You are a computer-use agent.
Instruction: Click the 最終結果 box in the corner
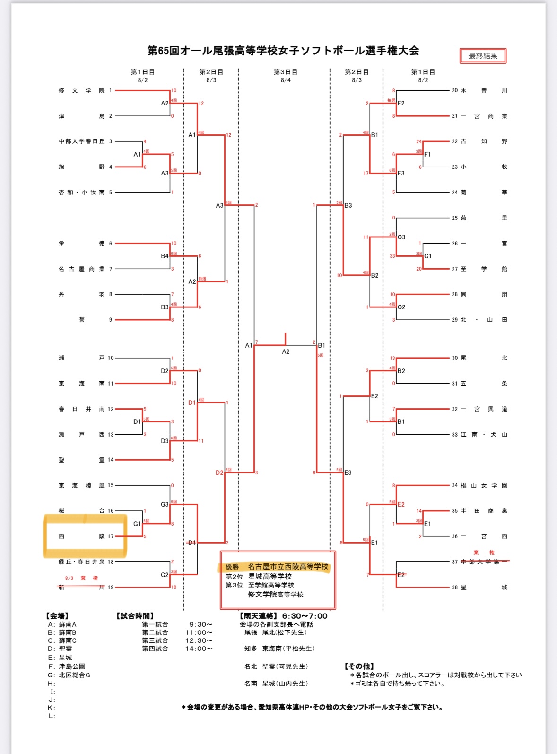click(483, 56)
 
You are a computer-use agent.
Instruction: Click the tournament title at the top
click(283, 51)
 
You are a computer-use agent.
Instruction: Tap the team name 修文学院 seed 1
click(82, 90)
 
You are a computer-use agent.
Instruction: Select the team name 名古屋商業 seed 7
click(82, 269)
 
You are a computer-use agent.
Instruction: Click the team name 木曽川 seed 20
click(484, 90)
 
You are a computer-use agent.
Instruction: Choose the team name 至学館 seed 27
click(484, 269)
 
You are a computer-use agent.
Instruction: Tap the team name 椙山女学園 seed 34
click(484, 485)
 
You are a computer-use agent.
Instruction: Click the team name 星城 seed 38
click(484, 587)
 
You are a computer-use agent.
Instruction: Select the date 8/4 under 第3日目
click(286, 80)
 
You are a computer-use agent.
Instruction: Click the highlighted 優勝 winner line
click(277, 567)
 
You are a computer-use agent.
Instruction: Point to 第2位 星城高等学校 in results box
click(259, 577)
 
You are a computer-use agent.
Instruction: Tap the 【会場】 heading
click(57, 616)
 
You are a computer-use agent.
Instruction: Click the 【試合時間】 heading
click(135, 616)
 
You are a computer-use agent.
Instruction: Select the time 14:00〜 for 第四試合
click(199, 649)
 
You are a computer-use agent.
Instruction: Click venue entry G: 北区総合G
click(69, 675)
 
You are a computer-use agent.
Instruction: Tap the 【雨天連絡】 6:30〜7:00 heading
click(283, 616)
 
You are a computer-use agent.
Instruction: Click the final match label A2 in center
click(286, 351)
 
